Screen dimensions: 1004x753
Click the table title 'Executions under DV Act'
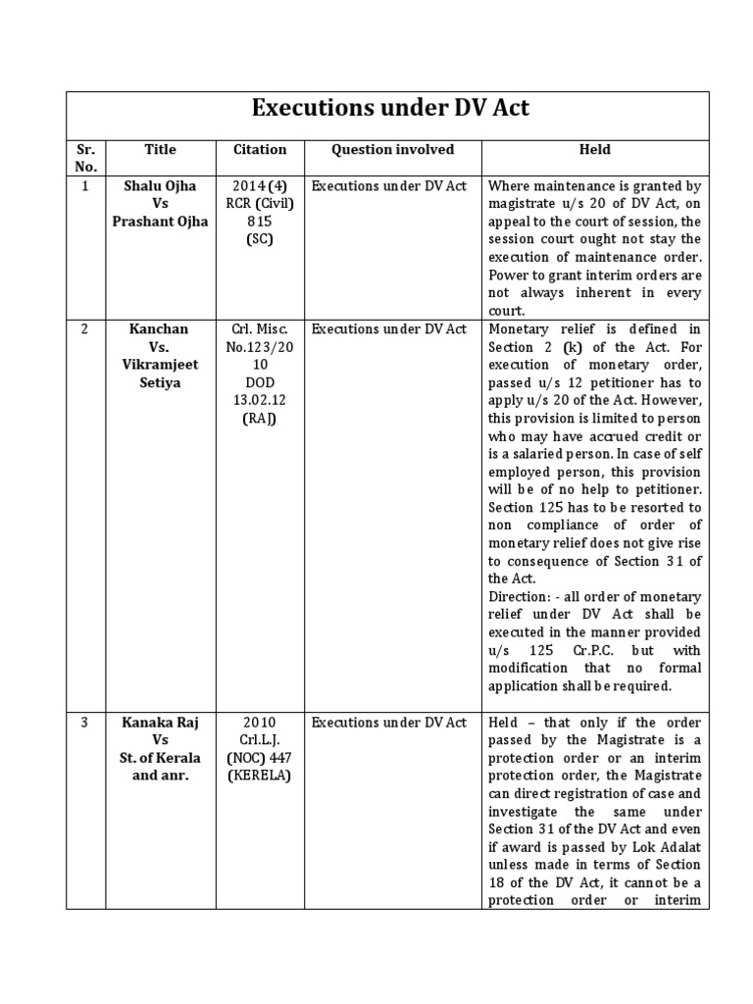pos(390,108)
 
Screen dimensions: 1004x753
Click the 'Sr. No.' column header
pos(85,158)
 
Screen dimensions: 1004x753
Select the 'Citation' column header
pos(260,149)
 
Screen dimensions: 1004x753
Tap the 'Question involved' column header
pos(392,149)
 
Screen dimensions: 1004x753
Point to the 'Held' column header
pos(594,149)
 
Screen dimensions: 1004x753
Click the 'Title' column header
pos(160,149)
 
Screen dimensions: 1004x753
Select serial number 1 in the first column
pos(85,185)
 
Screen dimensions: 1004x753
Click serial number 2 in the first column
pos(85,328)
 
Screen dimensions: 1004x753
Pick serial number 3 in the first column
pos(85,723)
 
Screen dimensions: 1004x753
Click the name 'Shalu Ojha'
pos(160,185)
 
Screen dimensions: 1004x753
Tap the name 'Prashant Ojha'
pos(160,221)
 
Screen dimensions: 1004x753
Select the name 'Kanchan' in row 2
pos(160,328)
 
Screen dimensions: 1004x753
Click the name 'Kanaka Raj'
pos(160,723)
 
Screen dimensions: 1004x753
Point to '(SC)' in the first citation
pos(260,238)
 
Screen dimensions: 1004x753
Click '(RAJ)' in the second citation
pos(260,419)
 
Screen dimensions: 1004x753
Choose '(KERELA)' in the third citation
pos(260,776)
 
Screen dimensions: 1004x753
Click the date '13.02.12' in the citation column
pos(260,400)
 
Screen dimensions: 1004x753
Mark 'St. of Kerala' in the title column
pos(160,758)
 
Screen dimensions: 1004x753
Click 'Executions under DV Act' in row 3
pos(389,723)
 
